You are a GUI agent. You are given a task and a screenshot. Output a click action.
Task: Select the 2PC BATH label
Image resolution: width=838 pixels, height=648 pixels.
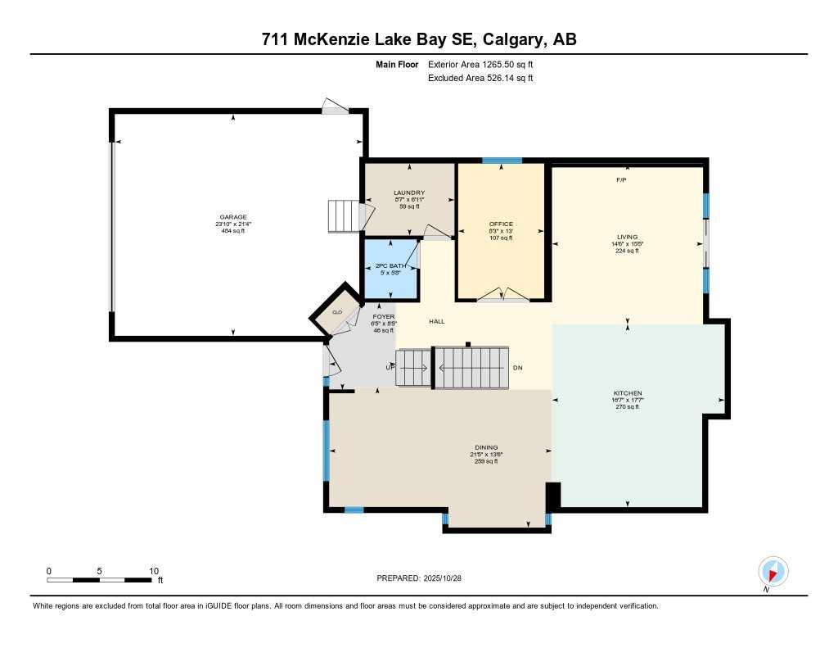coord(390,265)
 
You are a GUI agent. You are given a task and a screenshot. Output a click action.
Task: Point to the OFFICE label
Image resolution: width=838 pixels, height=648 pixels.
coord(500,224)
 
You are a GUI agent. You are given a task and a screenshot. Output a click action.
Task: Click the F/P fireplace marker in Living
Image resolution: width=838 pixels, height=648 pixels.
coord(621,179)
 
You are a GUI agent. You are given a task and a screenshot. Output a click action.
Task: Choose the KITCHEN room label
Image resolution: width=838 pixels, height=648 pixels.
coord(628,393)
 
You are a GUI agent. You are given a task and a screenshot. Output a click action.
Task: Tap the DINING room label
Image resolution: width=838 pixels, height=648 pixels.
coord(486,447)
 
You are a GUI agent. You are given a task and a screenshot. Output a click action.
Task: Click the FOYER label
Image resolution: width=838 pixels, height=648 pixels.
coord(384,316)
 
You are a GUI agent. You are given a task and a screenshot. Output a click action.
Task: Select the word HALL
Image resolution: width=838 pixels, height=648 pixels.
coord(437,322)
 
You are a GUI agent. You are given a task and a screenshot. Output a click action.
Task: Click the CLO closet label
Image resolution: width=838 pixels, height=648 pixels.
coord(336,312)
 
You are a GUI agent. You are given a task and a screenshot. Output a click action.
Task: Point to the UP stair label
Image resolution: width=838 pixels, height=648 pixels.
coord(390,368)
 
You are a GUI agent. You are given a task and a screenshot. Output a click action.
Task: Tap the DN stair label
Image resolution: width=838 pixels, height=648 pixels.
coord(517,369)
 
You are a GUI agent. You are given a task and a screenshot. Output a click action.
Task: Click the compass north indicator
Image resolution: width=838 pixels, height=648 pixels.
coord(773,572)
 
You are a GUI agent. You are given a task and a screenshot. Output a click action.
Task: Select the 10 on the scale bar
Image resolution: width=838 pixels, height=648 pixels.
coord(153,570)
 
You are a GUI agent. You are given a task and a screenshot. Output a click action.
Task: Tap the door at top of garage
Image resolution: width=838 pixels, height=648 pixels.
coord(336,106)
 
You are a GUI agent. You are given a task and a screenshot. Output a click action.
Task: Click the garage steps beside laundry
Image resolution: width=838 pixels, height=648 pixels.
coord(344,216)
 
